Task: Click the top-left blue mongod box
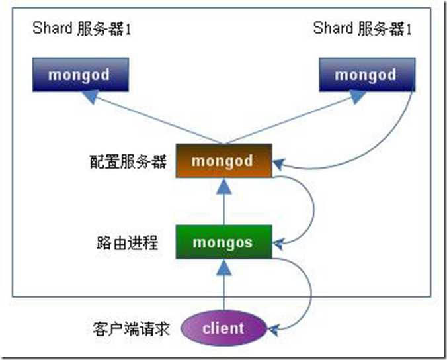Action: point(79,74)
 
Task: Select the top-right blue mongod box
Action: point(365,74)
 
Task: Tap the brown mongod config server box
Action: point(223,161)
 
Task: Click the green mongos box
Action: point(223,242)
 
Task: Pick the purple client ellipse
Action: point(223,328)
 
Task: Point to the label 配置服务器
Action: point(130,161)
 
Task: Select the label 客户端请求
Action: point(133,328)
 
